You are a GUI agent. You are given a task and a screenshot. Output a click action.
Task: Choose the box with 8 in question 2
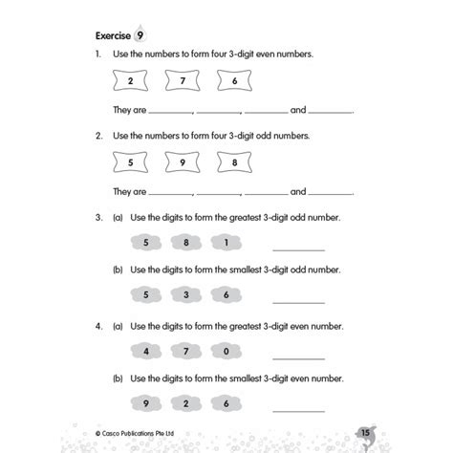pyautogui.click(x=236, y=163)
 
